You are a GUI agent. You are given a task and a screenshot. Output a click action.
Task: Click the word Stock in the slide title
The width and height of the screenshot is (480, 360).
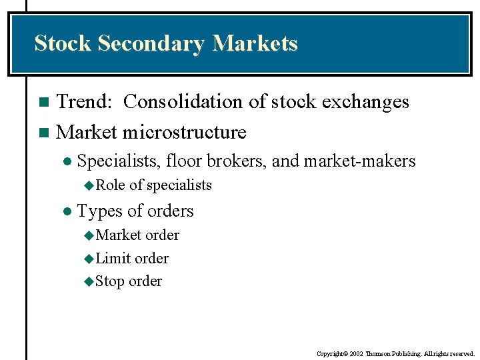63,44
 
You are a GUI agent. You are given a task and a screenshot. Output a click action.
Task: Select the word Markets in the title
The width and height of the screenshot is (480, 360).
255,44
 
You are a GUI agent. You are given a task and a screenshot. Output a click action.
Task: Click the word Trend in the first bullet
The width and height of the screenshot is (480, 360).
83,102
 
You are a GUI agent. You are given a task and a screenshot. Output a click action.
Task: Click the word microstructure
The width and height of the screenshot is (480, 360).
184,132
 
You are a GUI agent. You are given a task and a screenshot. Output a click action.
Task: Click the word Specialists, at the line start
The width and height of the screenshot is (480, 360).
119,161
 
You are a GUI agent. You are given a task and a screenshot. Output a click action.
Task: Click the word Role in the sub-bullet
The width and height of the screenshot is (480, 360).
111,185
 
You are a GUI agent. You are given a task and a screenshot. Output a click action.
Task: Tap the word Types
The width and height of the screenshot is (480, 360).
98,211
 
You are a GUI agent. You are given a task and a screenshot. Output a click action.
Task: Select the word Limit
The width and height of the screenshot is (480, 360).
113,258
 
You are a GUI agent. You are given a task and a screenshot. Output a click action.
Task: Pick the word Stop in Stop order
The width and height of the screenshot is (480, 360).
111,281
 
